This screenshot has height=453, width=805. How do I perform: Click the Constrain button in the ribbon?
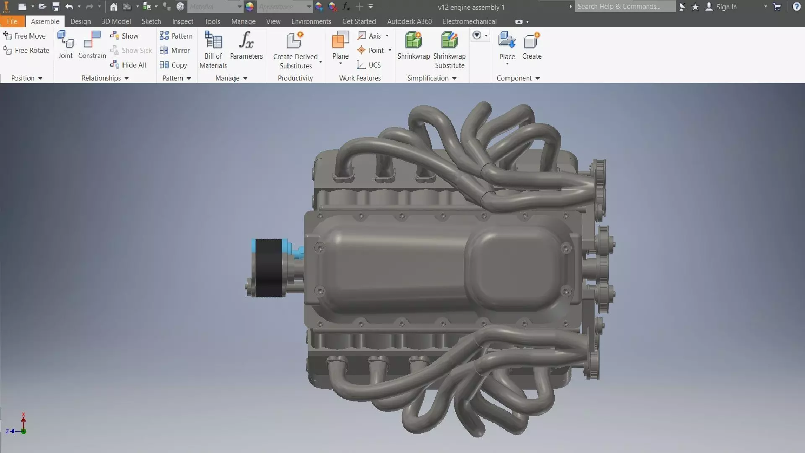tap(92, 45)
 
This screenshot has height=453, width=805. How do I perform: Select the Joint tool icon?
tap(65, 45)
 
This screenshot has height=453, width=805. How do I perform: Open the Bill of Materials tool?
tap(213, 49)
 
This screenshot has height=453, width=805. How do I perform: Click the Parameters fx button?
tap(246, 45)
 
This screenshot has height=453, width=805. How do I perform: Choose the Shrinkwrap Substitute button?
tap(449, 49)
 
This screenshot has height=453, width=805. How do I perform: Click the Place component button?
tap(507, 46)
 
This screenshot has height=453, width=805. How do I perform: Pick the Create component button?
tap(532, 45)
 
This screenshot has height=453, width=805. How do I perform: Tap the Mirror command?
tap(175, 50)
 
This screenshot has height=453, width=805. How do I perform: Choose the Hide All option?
tap(129, 65)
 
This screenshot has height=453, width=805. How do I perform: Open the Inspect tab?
tap(182, 21)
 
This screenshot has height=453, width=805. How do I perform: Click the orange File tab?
tap(12, 21)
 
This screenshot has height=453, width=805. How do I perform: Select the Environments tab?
tap(311, 21)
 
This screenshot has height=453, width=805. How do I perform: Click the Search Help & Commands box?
tap(625, 7)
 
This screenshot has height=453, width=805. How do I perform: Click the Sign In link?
tap(726, 7)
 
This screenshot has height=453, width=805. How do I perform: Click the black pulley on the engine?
tap(268, 268)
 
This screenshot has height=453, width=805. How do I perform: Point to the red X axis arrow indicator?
tap(23, 418)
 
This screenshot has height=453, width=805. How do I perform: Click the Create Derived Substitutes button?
tap(295, 49)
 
